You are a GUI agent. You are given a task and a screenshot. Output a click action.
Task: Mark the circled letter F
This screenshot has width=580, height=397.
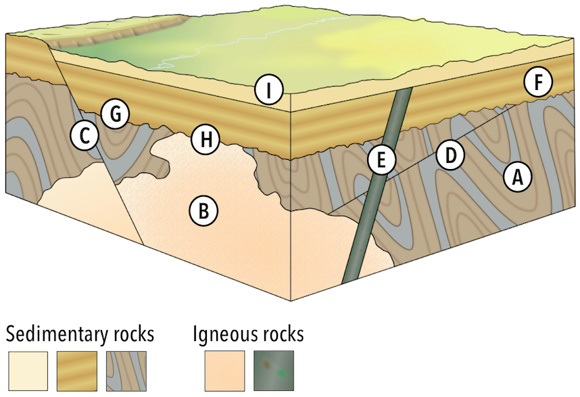538,83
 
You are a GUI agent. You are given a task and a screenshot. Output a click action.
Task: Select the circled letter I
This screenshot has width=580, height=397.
268,90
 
